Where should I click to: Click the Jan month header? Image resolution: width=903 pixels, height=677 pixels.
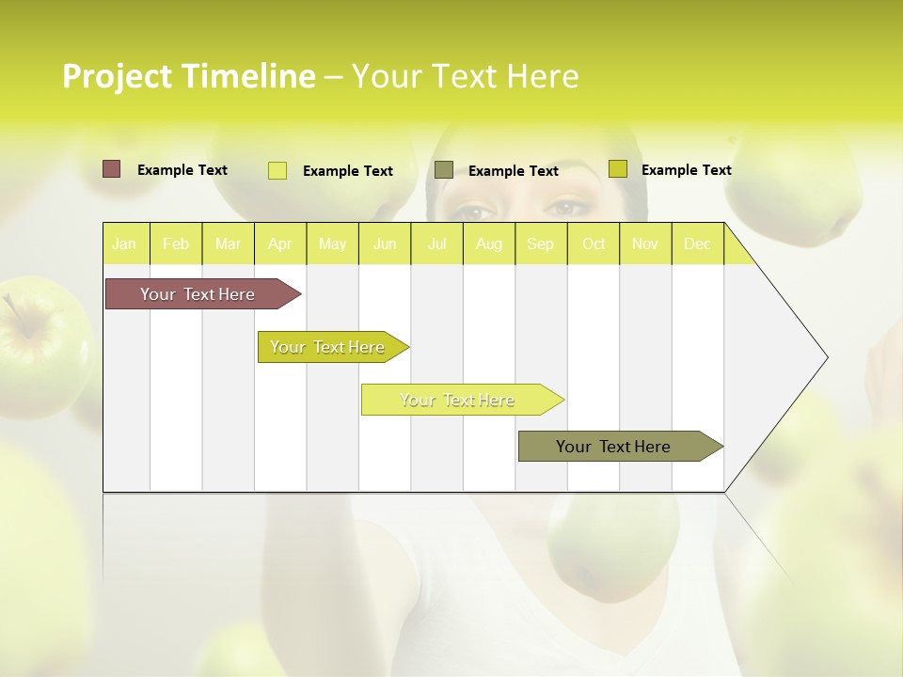pyautogui.click(x=124, y=244)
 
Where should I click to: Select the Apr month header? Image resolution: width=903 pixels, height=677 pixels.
pyautogui.click(x=280, y=244)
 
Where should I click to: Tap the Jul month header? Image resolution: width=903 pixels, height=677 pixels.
pyautogui.click(x=437, y=244)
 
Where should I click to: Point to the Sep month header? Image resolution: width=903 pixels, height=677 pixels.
pyautogui.click(x=540, y=244)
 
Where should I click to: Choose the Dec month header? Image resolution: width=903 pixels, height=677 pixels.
pyautogui.click(x=697, y=244)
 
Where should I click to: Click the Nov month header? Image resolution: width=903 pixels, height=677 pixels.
pyautogui.click(x=645, y=244)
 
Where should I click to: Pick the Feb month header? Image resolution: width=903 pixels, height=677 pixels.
pyautogui.click(x=176, y=244)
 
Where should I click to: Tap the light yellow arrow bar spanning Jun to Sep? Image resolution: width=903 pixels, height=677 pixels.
pyautogui.click(x=458, y=400)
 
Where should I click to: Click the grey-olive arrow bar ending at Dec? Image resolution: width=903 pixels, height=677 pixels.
pyautogui.click(x=614, y=447)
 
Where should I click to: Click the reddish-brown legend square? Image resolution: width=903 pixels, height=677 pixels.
pyautogui.click(x=111, y=169)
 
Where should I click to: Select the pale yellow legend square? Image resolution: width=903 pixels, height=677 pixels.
pyautogui.click(x=277, y=170)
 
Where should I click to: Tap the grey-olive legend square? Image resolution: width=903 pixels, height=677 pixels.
pyautogui.click(x=444, y=169)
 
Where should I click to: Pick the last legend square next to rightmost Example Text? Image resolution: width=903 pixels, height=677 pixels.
pyautogui.click(x=617, y=168)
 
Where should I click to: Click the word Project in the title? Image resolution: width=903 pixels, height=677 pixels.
pyautogui.click(x=117, y=76)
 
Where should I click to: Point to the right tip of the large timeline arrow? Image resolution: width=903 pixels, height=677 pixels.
pyautogui.click(x=826, y=357)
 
